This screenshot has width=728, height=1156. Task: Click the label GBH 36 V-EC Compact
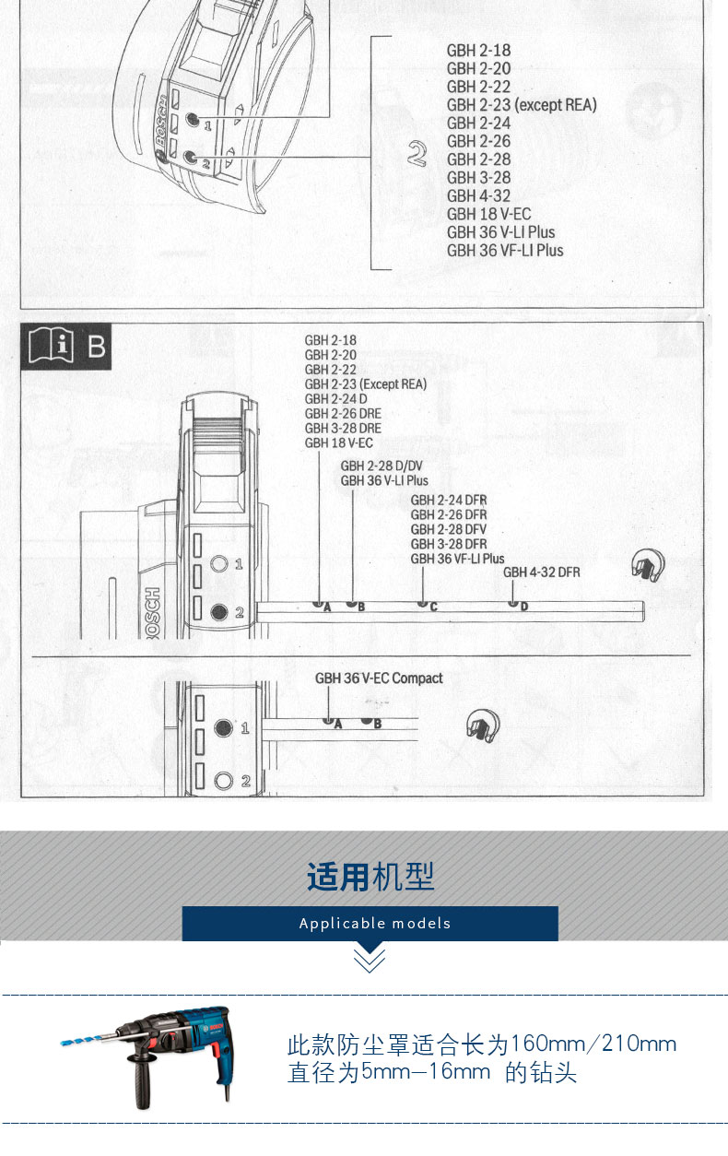click(x=379, y=678)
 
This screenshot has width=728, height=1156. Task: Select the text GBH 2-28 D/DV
click(x=382, y=466)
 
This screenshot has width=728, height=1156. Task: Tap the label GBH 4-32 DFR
click(x=541, y=572)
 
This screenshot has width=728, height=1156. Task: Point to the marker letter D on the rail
click(x=524, y=607)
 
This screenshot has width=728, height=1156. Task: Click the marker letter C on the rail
click(x=433, y=607)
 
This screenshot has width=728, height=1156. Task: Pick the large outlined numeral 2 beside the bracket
click(x=417, y=155)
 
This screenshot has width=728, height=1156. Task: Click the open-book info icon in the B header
click(x=51, y=348)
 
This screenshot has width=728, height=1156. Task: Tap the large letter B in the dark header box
click(x=96, y=348)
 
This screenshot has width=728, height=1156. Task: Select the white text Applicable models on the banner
click(x=375, y=923)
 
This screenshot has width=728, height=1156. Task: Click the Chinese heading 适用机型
click(x=370, y=877)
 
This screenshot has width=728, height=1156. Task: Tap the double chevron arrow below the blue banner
click(x=370, y=960)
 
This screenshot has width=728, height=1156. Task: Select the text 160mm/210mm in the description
click(x=593, y=1044)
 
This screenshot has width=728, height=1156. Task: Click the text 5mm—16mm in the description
click(x=426, y=1072)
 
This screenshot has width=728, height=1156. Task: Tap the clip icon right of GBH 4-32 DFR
click(x=647, y=564)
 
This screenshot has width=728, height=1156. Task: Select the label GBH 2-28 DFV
click(x=449, y=529)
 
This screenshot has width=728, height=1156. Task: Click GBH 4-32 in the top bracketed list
click(x=478, y=195)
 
